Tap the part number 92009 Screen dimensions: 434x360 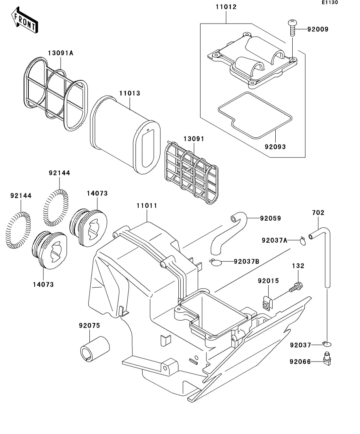(317, 29)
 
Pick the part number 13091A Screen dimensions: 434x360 (61, 53)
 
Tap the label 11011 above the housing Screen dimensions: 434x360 (147, 206)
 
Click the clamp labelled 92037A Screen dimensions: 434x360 (302, 240)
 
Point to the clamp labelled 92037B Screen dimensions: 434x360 (215, 262)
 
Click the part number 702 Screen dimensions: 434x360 (318, 213)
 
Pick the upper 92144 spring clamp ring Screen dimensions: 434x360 (56, 207)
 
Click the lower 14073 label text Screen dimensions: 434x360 (43, 284)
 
